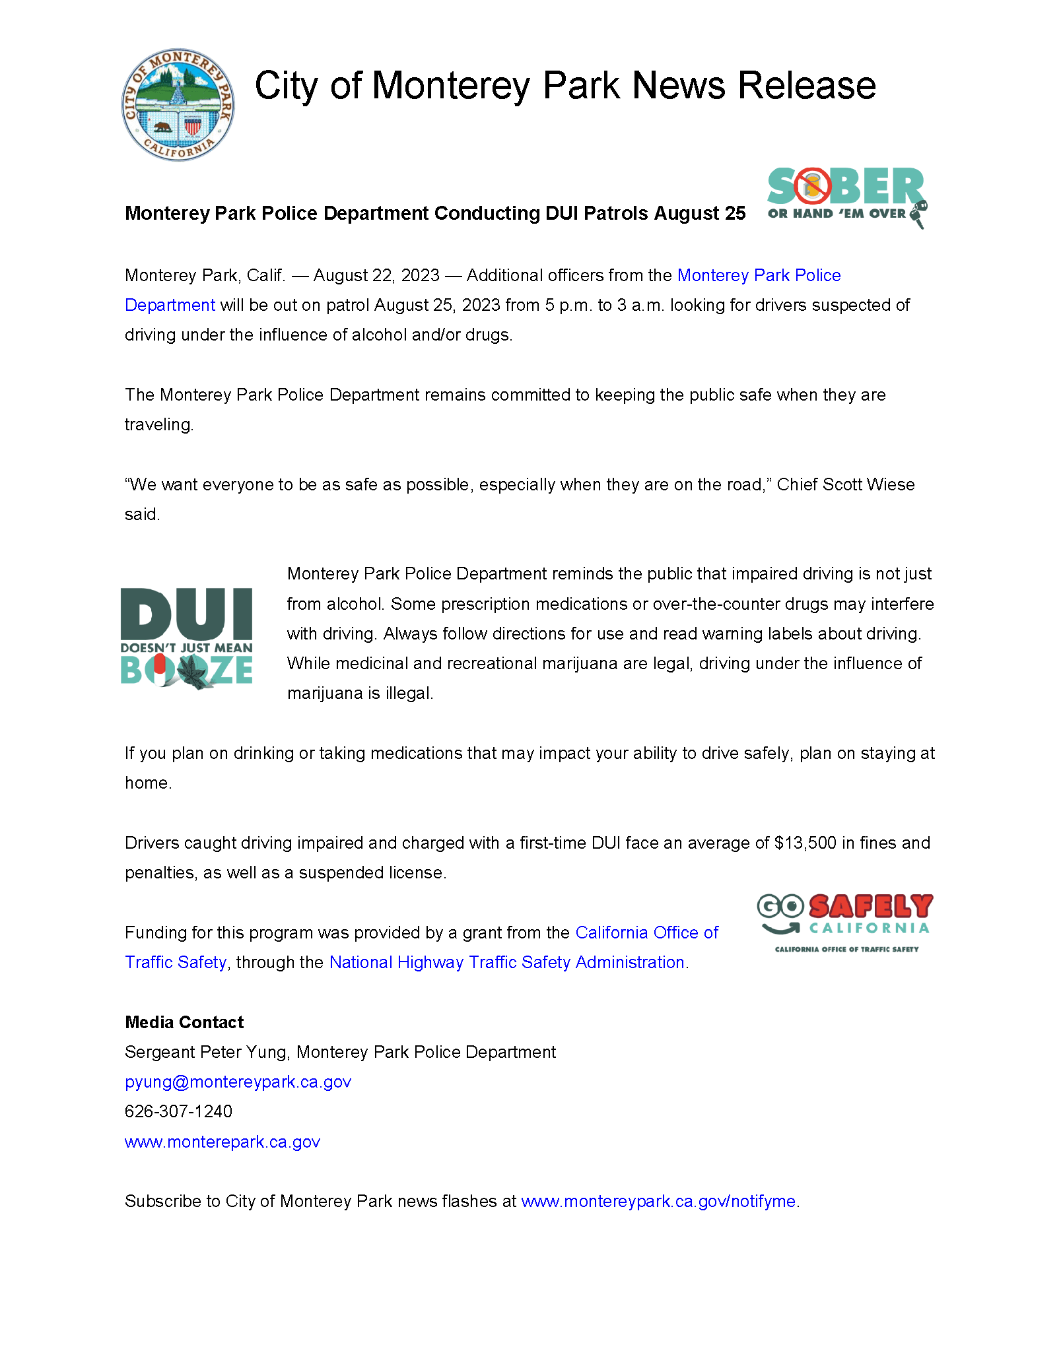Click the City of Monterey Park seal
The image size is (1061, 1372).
coord(178,104)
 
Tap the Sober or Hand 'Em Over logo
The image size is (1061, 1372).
coord(846,196)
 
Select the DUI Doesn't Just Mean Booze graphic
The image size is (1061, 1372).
coord(187,638)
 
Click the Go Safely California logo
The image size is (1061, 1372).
coord(845,922)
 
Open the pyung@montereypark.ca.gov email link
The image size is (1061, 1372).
coord(238,1082)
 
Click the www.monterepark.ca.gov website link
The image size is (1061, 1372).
coord(222,1142)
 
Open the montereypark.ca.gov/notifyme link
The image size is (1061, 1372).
coord(658,1202)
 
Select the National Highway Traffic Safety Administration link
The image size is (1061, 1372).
coord(506,963)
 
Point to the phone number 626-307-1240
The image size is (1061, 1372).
coord(178,1112)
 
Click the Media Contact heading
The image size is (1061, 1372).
coord(184,1023)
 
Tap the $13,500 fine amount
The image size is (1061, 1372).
coord(805,843)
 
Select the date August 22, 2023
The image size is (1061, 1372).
coord(376,276)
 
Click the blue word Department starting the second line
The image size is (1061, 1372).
coord(170,306)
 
